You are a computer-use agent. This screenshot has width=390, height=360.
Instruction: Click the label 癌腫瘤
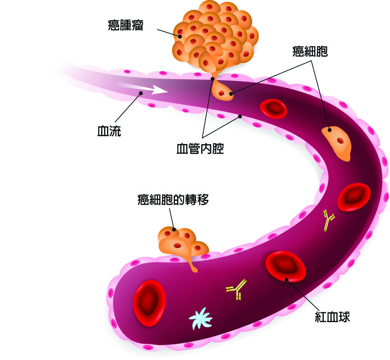click(125, 25)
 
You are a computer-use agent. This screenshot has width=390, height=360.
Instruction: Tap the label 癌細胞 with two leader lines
click(310, 51)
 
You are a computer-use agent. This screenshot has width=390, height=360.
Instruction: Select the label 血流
click(109, 131)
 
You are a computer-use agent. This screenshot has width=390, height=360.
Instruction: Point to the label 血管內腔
click(200, 148)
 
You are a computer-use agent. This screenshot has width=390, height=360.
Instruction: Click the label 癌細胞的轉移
click(173, 199)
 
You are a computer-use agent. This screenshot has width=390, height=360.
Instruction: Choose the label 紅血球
click(332, 317)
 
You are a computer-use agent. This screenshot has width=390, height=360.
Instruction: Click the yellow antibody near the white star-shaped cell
click(236, 289)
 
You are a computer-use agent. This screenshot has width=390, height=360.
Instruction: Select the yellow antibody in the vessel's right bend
click(328, 220)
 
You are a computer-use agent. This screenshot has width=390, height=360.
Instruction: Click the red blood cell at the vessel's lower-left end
click(149, 303)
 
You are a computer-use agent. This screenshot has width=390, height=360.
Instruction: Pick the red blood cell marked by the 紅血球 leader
click(286, 267)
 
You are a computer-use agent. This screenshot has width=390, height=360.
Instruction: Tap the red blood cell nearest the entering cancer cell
click(273, 108)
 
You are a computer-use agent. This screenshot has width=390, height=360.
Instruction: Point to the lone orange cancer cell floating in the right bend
click(338, 143)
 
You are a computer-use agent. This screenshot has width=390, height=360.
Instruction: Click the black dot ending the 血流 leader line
click(141, 93)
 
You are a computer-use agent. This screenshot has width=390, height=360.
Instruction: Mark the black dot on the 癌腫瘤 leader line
click(180, 36)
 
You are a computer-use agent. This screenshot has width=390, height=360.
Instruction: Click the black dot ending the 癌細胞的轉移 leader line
click(174, 229)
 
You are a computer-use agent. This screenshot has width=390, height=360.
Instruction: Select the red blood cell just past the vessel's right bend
click(354, 197)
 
